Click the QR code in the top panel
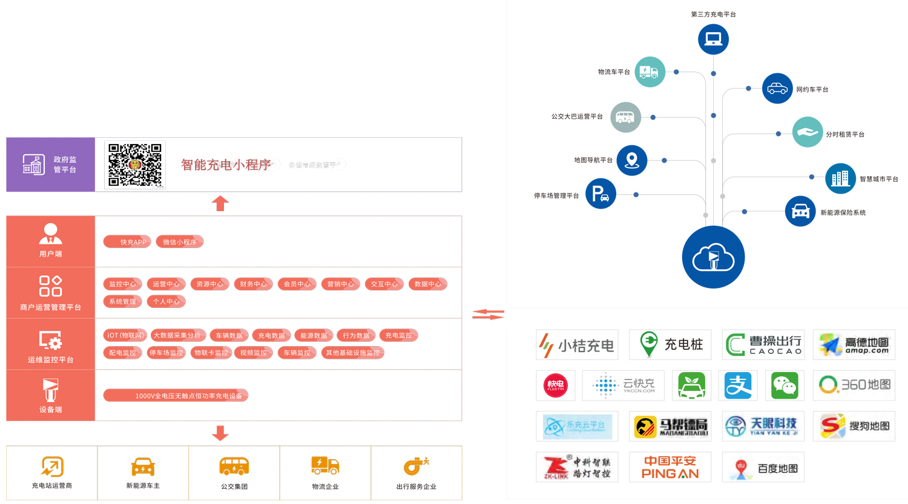pyautogui.click(x=135, y=165)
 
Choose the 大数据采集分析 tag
pyautogui.click(x=177, y=335)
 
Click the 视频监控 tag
pyautogui.click(x=253, y=353)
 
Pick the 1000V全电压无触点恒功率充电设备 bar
pyautogui.click(x=176, y=396)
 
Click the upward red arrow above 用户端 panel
pyautogui.click(x=220, y=203)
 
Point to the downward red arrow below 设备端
pyautogui.click(x=220, y=433)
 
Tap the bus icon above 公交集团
pyautogui.click(x=234, y=466)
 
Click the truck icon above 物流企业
pyautogui.click(x=325, y=466)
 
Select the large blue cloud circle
pyautogui.click(x=713, y=257)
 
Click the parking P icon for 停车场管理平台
pyautogui.click(x=600, y=194)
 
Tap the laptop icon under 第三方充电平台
pyautogui.click(x=713, y=39)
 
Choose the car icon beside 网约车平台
pyautogui.click(x=777, y=89)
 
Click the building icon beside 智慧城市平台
pyautogui.click(x=840, y=178)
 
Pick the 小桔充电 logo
pyautogui.click(x=577, y=345)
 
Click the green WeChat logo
pyautogui.click(x=785, y=385)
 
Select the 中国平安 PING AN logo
pyautogui.click(x=670, y=467)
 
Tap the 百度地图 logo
pyautogui.click(x=763, y=468)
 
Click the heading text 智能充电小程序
pyautogui.click(x=226, y=165)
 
